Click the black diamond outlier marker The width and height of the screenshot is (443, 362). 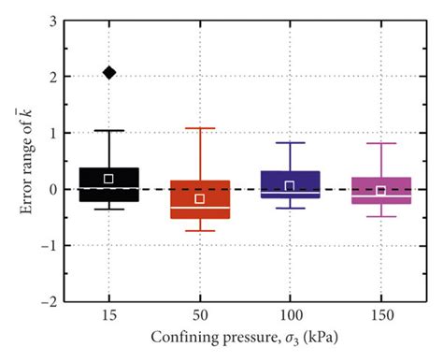[109, 72]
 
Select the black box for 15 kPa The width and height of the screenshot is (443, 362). [109, 185]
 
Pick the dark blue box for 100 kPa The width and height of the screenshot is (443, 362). [290, 183]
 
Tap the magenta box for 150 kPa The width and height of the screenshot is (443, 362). [380, 190]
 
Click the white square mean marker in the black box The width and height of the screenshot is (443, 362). [109, 178]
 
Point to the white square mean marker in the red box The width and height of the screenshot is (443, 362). [200, 198]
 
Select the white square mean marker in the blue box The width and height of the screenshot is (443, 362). [290, 185]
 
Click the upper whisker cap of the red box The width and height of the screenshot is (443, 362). [200, 128]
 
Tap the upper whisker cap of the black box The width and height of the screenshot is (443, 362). [109, 130]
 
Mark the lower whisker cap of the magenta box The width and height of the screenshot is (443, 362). [380, 216]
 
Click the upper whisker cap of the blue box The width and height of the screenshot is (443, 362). [290, 142]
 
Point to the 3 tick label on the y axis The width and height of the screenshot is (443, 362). [53, 21]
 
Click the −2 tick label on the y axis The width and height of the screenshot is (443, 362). [50, 302]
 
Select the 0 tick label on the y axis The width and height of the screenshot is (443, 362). [53, 189]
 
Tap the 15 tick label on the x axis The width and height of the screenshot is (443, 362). [109, 316]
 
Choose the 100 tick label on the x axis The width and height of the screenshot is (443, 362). [290, 316]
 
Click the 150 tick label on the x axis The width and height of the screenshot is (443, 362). [380, 316]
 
